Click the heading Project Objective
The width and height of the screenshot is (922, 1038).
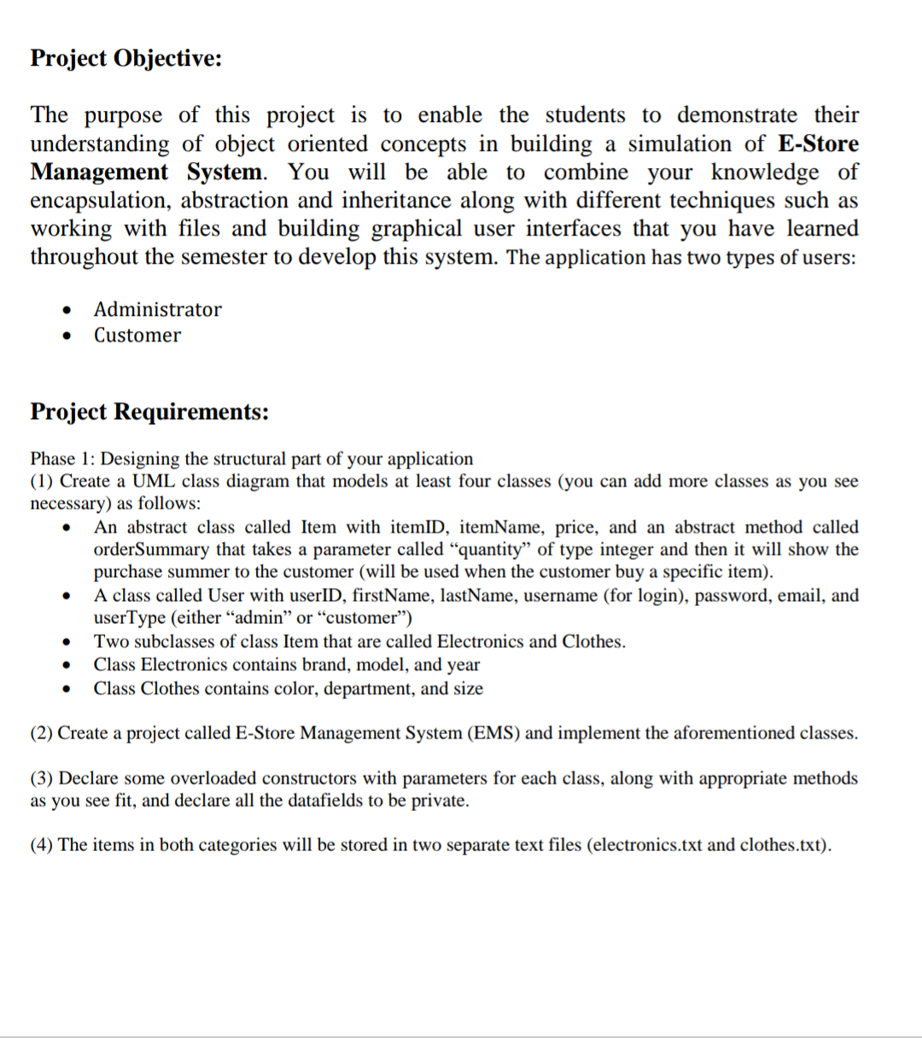coord(126,58)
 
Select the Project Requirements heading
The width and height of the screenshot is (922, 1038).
coord(149,411)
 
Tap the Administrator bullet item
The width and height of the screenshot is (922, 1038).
coord(157,309)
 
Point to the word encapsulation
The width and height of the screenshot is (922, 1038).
coord(99,201)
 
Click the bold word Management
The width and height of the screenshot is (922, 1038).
coord(99,172)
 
